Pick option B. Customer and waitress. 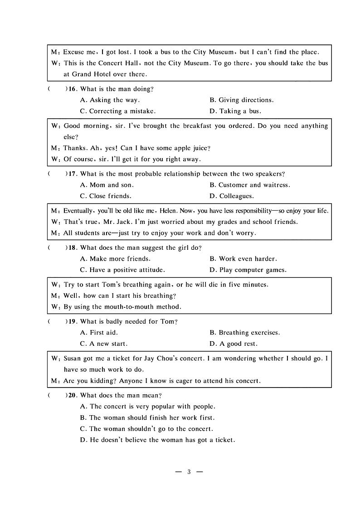coord(249,185)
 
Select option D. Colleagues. coord(232,196)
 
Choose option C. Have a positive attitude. coord(122,270)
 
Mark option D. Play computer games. coord(248,270)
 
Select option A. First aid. coord(99,333)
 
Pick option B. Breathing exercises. coord(244,333)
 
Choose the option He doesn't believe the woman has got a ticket coord(157,440)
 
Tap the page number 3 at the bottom coord(189,472)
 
